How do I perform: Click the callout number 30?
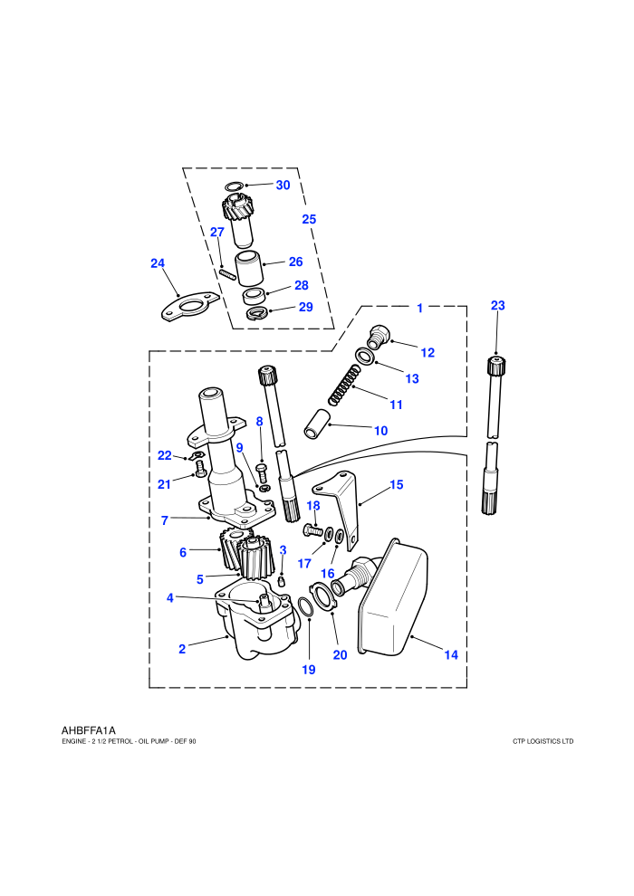pyautogui.click(x=283, y=186)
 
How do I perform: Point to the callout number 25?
pyautogui.click(x=309, y=219)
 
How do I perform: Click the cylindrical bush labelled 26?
pyautogui.click(x=249, y=268)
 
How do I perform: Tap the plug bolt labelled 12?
pyautogui.click(x=379, y=336)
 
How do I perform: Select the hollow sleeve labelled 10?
pyautogui.click(x=316, y=424)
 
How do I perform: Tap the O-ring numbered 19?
pyautogui.click(x=306, y=607)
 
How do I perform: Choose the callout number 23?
pyautogui.click(x=498, y=306)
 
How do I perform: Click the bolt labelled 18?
pyautogui.click(x=312, y=529)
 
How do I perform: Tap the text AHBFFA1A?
pyautogui.click(x=89, y=730)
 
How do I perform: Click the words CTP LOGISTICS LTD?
pyautogui.click(x=543, y=741)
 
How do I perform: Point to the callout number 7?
pyautogui.click(x=165, y=520)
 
